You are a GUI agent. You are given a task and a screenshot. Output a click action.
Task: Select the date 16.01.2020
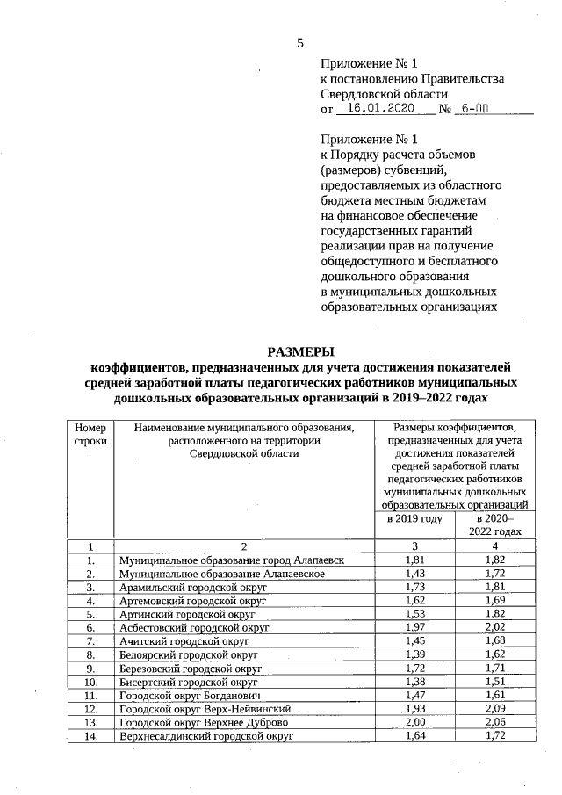pos(380,109)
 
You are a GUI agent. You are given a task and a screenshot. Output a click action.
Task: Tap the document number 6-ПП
pos(475,109)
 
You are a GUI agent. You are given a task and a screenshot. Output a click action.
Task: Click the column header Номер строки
pos(90,433)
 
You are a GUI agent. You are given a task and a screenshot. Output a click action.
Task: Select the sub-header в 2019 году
pos(414,518)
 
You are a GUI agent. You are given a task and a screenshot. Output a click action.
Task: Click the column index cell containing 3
pos(414,546)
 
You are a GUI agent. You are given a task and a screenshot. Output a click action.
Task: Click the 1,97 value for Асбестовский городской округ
pos(414,628)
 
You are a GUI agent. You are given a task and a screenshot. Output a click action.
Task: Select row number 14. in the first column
pos(90,735)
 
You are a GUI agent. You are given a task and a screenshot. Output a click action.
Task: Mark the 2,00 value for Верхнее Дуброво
pos(414,722)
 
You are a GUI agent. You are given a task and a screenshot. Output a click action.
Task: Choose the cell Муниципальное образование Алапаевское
pos(223,574)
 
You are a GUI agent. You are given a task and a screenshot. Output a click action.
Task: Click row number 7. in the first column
pos(90,641)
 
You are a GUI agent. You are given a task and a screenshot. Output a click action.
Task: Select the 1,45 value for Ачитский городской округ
pos(414,641)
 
